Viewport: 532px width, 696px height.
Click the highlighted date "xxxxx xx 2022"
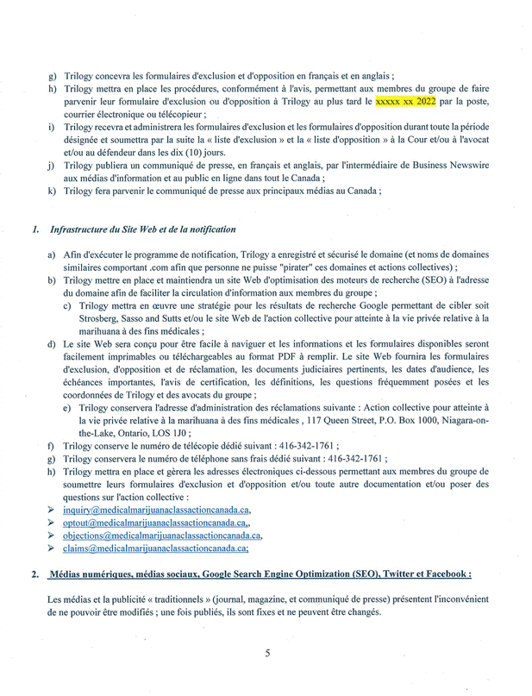[x=405, y=102]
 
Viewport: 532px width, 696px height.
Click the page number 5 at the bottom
[x=267, y=653]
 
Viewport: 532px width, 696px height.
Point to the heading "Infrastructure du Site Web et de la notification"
[x=142, y=230]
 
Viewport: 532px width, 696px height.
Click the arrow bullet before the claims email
[x=53, y=548]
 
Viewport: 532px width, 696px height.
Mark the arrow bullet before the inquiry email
[x=53, y=510]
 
